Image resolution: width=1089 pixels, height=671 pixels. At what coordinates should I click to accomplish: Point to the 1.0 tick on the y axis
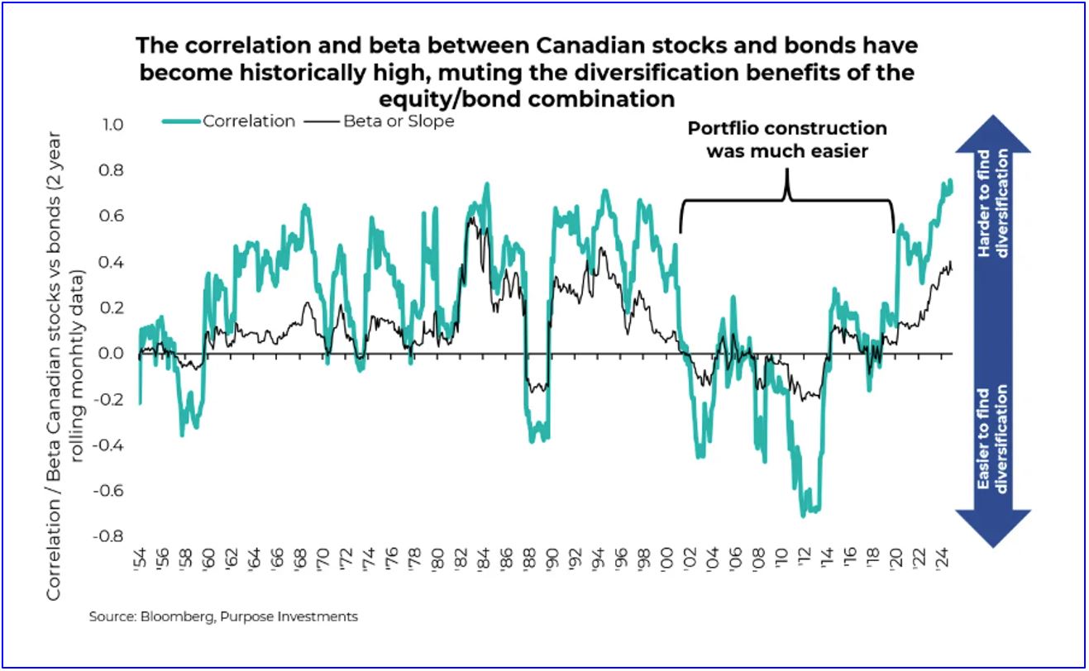point(113,125)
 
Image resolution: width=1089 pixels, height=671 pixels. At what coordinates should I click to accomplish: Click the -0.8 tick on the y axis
point(110,535)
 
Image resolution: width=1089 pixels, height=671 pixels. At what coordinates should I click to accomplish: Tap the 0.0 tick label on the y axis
point(113,354)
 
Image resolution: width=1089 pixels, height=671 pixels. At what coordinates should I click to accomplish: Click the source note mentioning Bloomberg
point(223,616)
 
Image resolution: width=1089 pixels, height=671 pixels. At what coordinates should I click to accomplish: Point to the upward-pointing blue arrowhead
point(993,137)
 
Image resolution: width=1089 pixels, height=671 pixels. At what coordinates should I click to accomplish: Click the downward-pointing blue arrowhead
point(993,529)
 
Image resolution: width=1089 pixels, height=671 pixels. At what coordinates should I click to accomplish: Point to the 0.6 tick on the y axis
point(113,217)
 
